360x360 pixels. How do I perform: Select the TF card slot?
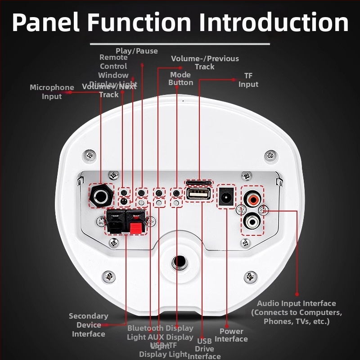[x=198, y=183]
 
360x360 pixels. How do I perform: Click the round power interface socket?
[x=226, y=197]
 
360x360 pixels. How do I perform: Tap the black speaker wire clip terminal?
[x=115, y=222]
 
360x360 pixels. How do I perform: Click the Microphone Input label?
[x=52, y=92]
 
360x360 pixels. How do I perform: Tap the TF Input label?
[x=248, y=80]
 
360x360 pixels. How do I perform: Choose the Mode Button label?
[x=181, y=79]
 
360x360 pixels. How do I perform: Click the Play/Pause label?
[x=137, y=51]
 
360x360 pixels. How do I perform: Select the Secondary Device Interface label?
[x=89, y=325]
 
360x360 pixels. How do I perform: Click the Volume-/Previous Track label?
[x=205, y=63]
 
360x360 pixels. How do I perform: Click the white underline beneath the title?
[x=180, y=44]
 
